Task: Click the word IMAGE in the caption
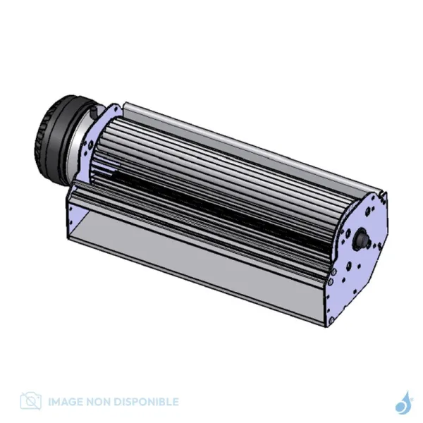66,402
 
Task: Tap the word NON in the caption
99,402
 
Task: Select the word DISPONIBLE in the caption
146,402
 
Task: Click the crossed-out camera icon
31,401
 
